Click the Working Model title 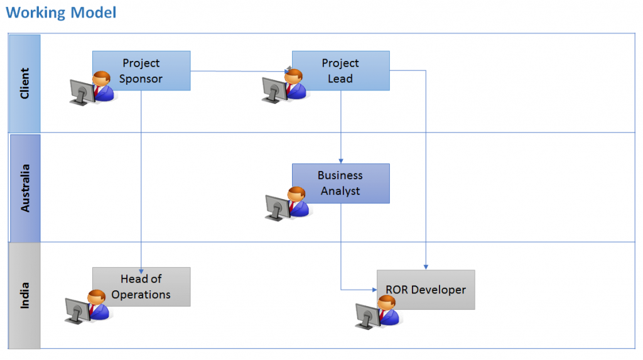[x=61, y=13]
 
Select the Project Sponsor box [x=141, y=70]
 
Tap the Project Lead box [x=340, y=70]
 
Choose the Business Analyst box [x=340, y=183]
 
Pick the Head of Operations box [x=141, y=286]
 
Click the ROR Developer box [x=426, y=290]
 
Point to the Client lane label [x=25, y=83]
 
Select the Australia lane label [x=25, y=187]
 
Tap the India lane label [x=25, y=295]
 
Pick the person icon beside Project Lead [x=294, y=85]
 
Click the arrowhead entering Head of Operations [x=141, y=265]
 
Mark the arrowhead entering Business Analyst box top [x=340, y=161]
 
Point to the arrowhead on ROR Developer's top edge [x=426, y=267]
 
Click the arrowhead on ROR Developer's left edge [x=374, y=290]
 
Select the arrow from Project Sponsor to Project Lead [x=239, y=70]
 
